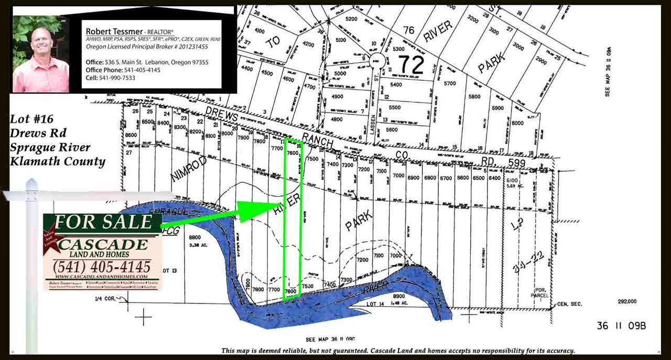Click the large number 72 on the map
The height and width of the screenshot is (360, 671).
click(x=411, y=64)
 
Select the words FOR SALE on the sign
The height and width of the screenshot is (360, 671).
click(x=103, y=222)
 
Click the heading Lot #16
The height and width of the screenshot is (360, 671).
click(x=32, y=119)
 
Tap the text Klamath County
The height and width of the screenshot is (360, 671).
click(x=58, y=161)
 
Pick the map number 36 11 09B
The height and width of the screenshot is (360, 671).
click(x=621, y=326)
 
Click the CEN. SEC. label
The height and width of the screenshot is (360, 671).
click(x=570, y=303)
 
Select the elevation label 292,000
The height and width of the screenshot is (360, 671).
click(x=627, y=301)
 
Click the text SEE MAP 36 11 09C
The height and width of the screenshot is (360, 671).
click(x=330, y=339)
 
